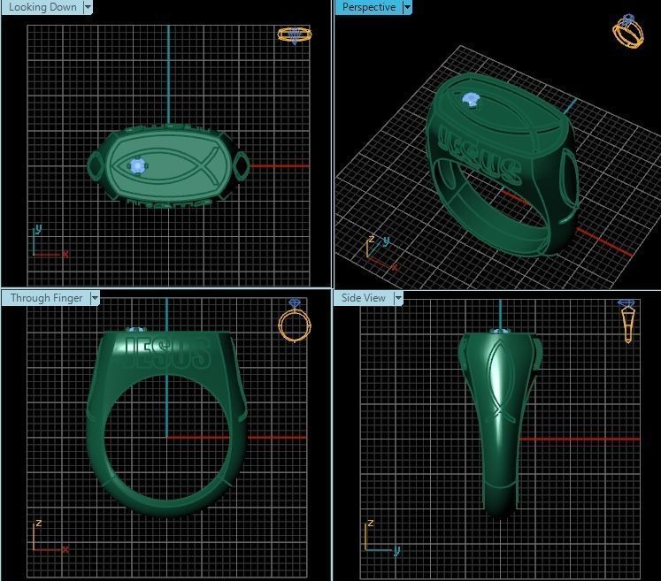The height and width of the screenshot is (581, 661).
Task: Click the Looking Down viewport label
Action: (42, 7)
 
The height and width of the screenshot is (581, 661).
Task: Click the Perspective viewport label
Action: (368, 7)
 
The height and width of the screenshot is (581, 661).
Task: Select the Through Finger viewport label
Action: (46, 298)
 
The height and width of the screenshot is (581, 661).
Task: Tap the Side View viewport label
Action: (364, 298)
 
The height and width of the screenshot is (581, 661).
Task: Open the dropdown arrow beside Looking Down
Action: (88, 7)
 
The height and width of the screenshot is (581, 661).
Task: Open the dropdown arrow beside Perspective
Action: (407, 7)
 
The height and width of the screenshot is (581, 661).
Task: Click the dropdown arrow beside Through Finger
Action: (95, 298)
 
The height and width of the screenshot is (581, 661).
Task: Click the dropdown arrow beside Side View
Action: (398, 298)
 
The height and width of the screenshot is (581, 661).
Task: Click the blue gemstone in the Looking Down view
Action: (137, 165)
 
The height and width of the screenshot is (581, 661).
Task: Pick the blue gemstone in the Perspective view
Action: (472, 101)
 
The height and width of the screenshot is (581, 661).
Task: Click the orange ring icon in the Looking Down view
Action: (295, 34)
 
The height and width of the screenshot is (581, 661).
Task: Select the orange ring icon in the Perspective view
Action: (627, 31)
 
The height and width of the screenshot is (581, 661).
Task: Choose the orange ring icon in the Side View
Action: (626, 319)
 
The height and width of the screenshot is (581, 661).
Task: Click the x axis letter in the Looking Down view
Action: (65, 255)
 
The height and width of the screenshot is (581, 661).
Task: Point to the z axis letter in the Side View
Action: (372, 524)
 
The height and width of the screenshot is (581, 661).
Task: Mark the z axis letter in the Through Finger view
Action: (39, 524)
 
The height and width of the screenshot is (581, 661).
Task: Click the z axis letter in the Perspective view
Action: (373, 240)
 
